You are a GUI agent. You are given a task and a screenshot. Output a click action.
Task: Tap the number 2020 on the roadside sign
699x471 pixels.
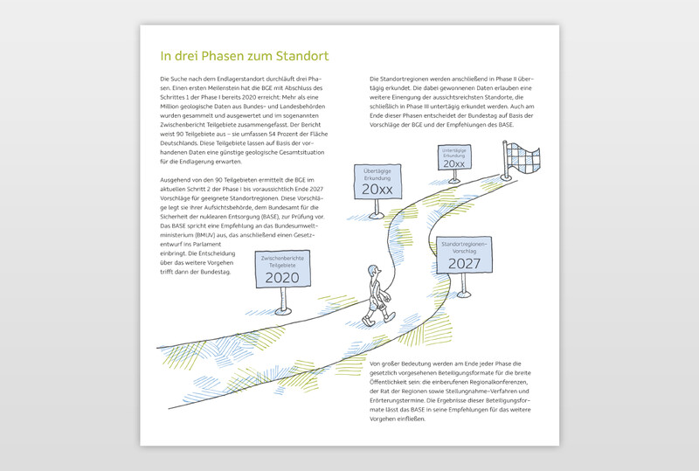click(x=281, y=278)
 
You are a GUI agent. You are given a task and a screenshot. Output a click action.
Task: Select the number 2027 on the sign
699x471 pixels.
click(x=464, y=263)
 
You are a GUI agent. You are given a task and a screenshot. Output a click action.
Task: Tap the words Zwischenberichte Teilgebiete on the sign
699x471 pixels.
click(x=281, y=261)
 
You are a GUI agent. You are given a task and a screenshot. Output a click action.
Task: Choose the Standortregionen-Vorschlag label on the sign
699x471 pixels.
click(x=464, y=246)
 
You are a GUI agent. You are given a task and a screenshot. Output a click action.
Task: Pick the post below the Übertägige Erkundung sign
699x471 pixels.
click(x=377, y=207)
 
